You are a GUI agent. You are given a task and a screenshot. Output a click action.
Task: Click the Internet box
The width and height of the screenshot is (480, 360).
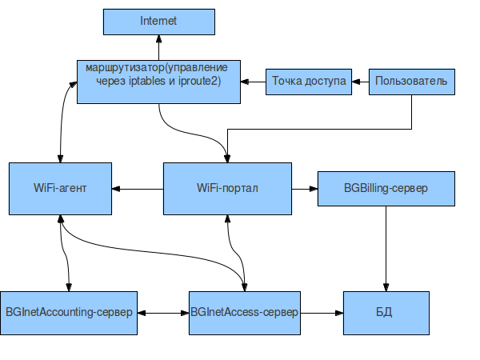[x=158, y=22]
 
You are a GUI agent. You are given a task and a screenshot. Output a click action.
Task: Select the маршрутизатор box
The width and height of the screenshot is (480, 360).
[x=158, y=80]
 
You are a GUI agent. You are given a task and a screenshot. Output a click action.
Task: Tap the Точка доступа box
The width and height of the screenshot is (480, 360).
[x=308, y=81]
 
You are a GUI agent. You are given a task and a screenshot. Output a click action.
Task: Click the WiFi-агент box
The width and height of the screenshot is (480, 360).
[x=60, y=189]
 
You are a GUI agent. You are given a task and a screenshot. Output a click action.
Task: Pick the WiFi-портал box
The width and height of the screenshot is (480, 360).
[x=226, y=189]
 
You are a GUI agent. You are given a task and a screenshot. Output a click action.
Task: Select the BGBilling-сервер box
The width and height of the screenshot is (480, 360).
[x=386, y=189]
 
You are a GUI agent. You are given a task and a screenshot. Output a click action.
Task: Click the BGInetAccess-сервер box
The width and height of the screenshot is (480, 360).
[x=244, y=310]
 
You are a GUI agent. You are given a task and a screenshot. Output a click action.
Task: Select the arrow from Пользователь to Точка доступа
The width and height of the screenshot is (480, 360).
[x=360, y=81]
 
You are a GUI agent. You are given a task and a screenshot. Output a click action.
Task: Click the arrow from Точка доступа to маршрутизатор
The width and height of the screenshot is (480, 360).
[x=254, y=81]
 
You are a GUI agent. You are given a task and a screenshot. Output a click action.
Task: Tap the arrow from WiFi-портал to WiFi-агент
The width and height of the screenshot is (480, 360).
[x=137, y=190]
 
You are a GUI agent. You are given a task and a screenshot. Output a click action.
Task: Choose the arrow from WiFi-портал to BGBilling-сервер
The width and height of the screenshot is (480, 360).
[x=304, y=190]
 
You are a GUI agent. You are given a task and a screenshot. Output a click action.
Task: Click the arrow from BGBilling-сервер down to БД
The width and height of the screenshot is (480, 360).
[x=387, y=248]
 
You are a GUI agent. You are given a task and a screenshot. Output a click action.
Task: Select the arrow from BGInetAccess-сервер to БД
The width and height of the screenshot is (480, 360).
[x=322, y=311]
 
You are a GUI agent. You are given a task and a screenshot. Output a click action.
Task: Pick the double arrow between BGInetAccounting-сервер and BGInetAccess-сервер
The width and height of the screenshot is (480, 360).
[x=163, y=311]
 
